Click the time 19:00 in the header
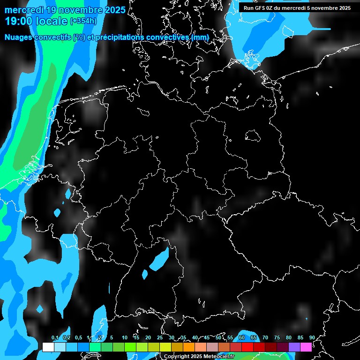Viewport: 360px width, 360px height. pyautogui.click(x=18, y=21)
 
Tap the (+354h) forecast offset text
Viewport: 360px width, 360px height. pyautogui.click(x=83, y=21)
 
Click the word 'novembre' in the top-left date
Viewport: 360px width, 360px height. pyautogui.click(x=85, y=10)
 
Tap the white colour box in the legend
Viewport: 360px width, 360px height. pyautogui.click(x=48, y=347)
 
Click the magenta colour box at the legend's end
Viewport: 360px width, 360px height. pyautogui.click(x=306, y=347)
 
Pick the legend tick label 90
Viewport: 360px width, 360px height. pyautogui.click(x=312, y=338)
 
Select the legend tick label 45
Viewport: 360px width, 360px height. pyautogui.click(x=206, y=338)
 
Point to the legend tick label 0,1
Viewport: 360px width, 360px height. pyautogui.click(x=54, y=338)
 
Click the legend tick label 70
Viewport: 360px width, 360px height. pyautogui.click(x=265, y=338)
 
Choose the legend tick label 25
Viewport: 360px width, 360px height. pyautogui.click(x=159, y=338)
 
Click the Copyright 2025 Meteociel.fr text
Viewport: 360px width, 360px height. pyautogui.click(x=199, y=357)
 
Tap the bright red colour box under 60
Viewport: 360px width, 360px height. pyautogui.click(x=247, y=347)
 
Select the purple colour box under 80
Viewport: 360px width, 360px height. pyautogui.click(x=294, y=347)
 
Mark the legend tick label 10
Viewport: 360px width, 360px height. pyautogui.click(x=124, y=338)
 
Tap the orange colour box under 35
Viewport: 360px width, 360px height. pyautogui.click(x=189, y=347)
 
